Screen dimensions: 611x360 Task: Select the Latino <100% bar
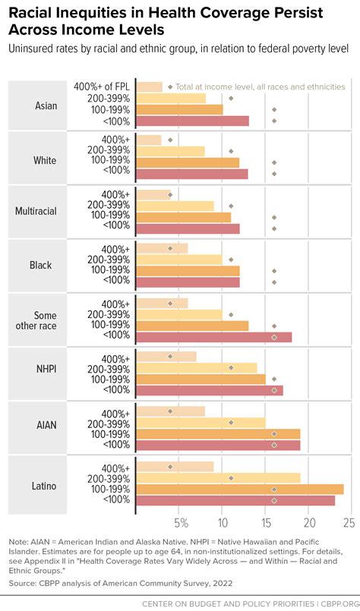(x=235, y=501)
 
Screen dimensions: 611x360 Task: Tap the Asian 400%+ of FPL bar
(x=149, y=87)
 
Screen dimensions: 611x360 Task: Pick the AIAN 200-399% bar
(x=200, y=423)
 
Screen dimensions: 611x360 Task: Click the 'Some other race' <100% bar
(x=213, y=336)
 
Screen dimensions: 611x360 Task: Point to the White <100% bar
(x=191, y=174)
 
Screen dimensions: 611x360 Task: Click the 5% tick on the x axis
(x=181, y=524)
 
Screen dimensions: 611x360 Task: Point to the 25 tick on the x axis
(x=349, y=524)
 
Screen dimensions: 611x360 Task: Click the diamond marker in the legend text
(x=169, y=87)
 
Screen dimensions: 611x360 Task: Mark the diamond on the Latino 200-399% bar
(x=231, y=478)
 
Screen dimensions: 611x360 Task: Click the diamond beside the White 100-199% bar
(x=274, y=162)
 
